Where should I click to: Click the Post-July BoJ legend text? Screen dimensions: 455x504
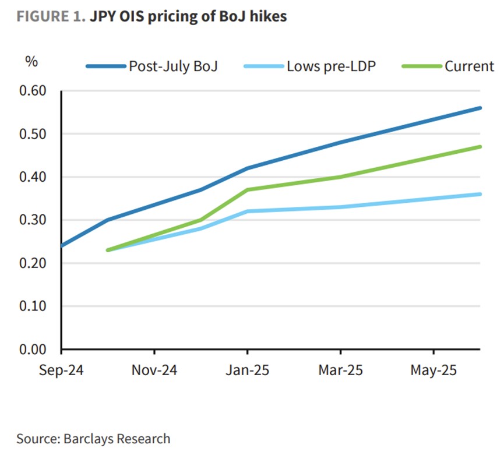pyautogui.click(x=172, y=66)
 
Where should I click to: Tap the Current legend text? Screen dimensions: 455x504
pyautogui.click(x=469, y=66)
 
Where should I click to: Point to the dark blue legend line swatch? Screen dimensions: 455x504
pyautogui.click(x=106, y=66)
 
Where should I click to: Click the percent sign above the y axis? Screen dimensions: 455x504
pyautogui.click(x=31, y=62)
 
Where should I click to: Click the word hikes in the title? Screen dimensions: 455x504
pyautogui.click(x=269, y=16)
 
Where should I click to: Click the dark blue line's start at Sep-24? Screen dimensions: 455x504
pyautogui.click(x=61, y=246)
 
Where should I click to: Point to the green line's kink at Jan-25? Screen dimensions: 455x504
pyautogui.click(x=247, y=189)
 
